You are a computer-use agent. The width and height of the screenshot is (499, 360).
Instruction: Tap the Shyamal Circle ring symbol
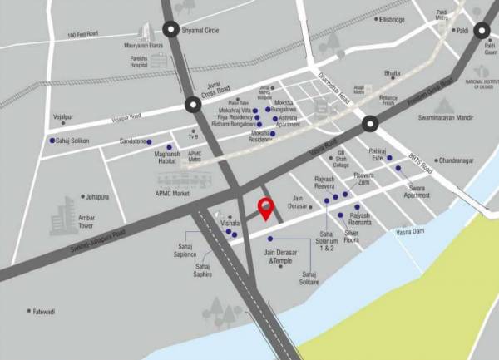click(x=171, y=30)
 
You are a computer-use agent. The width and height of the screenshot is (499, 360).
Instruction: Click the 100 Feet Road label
click(x=83, y=35)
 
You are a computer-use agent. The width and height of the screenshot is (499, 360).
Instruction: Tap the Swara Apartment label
click(x=417, y=190)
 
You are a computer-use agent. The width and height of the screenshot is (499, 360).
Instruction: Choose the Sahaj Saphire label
click(x=203, y=269)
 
